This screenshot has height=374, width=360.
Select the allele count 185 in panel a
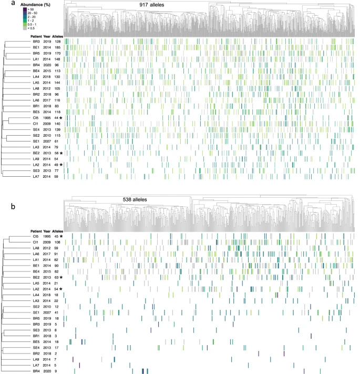57,47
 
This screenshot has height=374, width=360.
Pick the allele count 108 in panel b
57,243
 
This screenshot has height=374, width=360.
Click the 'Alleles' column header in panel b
57,230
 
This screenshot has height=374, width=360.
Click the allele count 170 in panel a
57,53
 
